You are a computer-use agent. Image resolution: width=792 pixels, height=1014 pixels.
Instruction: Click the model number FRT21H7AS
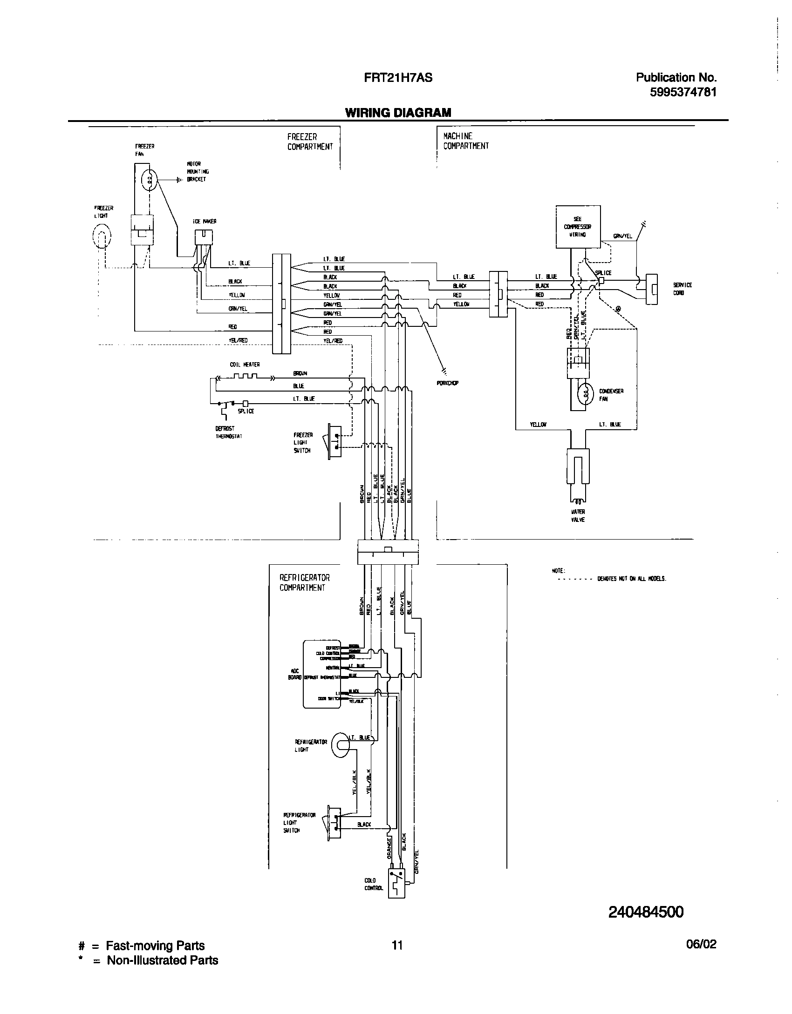398,78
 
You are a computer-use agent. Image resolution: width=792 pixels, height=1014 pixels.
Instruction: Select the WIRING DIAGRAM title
398,113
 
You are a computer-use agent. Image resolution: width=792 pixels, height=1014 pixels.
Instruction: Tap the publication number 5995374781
683,92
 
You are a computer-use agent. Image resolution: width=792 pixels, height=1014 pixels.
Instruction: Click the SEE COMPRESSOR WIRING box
578,227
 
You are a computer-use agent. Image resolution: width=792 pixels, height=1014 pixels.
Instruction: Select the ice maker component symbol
204,238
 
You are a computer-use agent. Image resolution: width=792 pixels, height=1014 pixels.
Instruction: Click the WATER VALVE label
578,515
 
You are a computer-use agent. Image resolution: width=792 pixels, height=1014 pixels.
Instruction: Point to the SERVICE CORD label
682,289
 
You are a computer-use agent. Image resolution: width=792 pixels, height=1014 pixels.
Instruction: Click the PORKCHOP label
448,383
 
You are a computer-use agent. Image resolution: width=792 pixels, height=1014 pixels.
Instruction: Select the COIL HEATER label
245,365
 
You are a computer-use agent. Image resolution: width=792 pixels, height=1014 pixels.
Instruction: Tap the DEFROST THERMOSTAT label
228,432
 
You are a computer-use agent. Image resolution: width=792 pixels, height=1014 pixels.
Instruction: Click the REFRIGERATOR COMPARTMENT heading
305,582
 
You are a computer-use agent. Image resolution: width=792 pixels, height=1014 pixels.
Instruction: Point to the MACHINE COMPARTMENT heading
466,141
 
